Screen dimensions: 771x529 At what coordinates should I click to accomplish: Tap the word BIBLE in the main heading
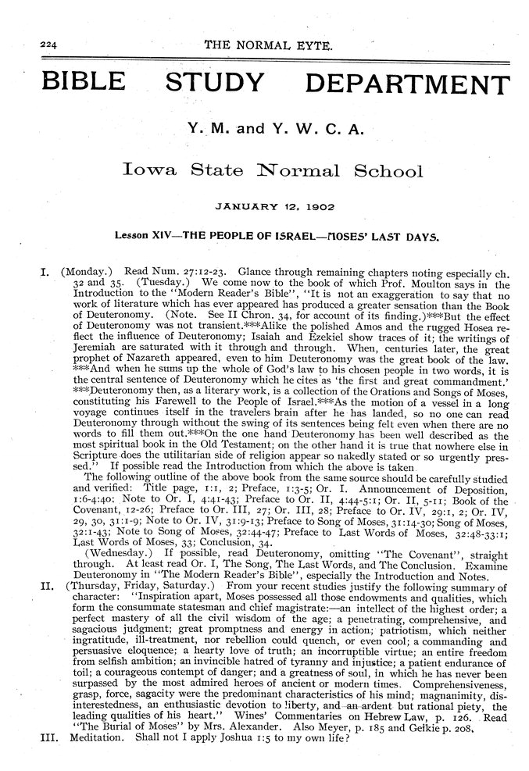(73, 81)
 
